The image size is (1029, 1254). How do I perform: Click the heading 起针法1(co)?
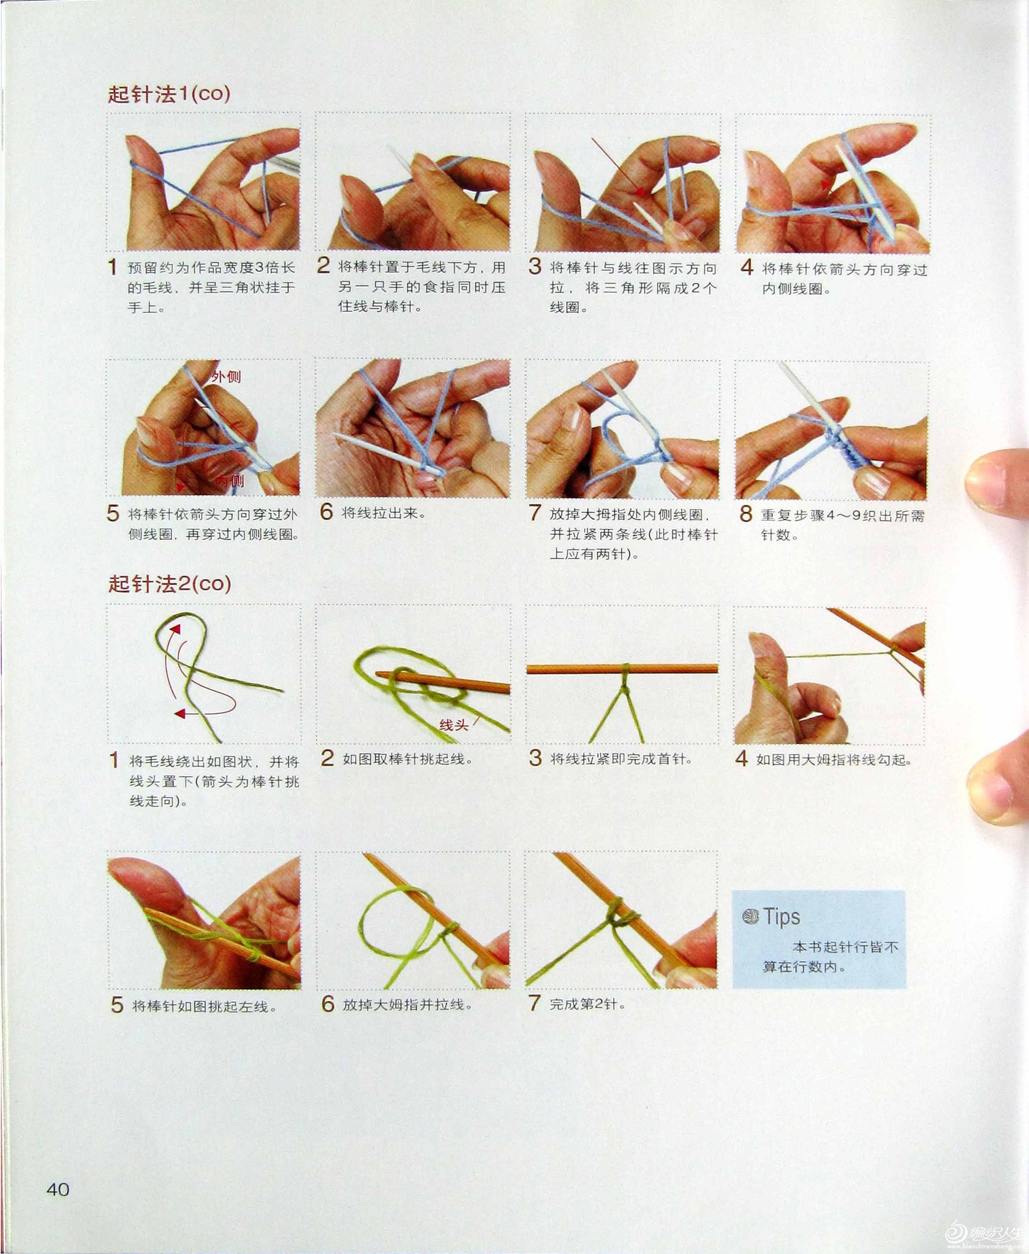pyautogui.click(x=169, y=94)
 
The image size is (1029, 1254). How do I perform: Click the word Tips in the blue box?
pyautogui.click(x=781, y=917)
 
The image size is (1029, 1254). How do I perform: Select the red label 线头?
pyautogui.click(x=454, y=725)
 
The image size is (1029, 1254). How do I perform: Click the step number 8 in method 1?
pyautogui.click(x=746, y=514)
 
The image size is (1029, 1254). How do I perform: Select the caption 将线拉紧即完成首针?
pyautogui.click(x=621, y=759)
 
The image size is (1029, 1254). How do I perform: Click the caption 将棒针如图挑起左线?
pyautogui.click(x=204, y=1006)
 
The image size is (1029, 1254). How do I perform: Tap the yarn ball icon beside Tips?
pyautogui.click(x=750, y=917)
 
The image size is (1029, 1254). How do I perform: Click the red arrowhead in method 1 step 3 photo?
pyautogui.click(x=640, y=192)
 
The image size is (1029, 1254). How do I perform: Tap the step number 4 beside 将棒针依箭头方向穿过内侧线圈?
pyautogui.click(x=747, y=267)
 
